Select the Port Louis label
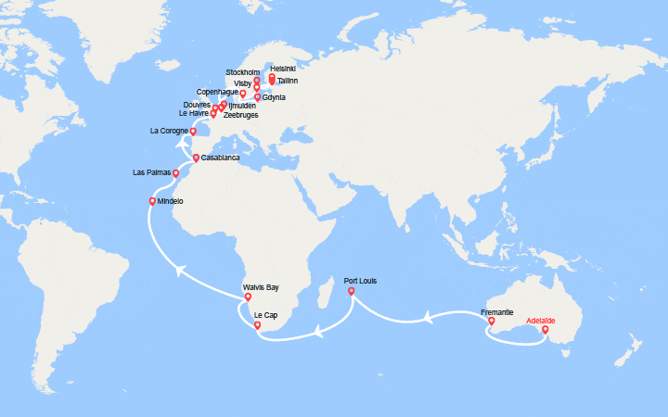(360, 281)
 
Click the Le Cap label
(265, 315)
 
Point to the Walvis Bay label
(260, 287)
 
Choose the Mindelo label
(171, 201)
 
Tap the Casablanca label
(220, 158)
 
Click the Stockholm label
(243, 71)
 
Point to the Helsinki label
(283, 69)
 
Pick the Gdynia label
(274, 97)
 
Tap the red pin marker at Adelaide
(545, 329)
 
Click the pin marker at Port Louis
(351, 291)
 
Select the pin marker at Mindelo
(152, 201)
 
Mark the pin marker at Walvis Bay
(248, 297)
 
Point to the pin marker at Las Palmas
(175, 172)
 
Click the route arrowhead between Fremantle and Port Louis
(430, 318)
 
